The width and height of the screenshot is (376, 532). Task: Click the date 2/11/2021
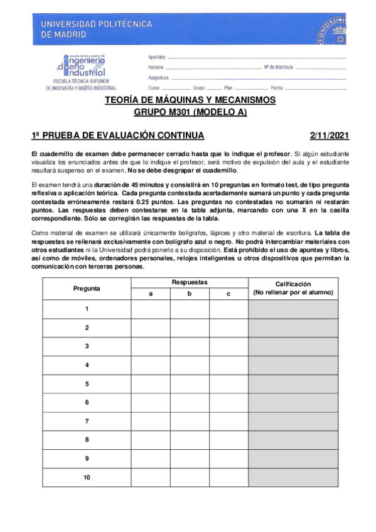point(330,136)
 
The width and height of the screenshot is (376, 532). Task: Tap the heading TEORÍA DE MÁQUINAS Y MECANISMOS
point(190,100)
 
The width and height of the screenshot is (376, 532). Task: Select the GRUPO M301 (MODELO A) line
point(190,113)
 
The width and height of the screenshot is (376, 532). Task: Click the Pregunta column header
point(87,289)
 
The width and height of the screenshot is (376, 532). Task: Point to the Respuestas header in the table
point(189,283)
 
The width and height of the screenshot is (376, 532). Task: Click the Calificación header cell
point(293,289)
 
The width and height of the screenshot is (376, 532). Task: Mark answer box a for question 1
point(150,309)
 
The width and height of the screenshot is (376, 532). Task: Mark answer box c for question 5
point(228,384)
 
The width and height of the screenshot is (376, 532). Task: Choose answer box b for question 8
point(189,440)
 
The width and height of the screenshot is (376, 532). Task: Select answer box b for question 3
point(189,346)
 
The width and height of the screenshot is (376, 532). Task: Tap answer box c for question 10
point(228,477)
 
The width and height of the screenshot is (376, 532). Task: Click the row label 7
point(87,421)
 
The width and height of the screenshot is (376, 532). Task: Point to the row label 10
point(87,477)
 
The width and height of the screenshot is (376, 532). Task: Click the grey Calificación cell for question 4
point(293,365)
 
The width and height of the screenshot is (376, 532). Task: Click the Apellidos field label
point(157,56)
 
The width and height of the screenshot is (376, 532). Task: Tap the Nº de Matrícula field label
point(278,66)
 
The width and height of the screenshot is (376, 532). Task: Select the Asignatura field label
point(159,77)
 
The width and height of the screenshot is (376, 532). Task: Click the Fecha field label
point(277,88)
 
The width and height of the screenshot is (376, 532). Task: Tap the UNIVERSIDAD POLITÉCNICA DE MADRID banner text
point(97,29)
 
